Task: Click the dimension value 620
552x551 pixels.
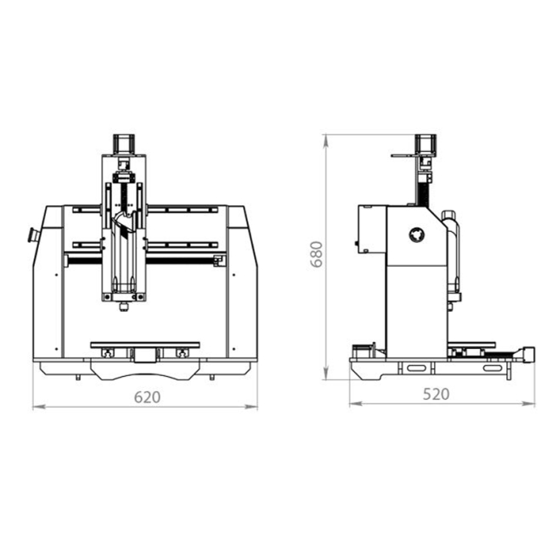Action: pyautogui.click(x=147, y=397)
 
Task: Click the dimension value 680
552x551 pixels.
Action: pyautogui.click(x=317, y=255)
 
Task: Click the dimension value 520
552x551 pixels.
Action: pyautogui.click(x=436, y=394)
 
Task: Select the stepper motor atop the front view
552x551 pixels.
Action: pyautogui.click(x=124, y=144)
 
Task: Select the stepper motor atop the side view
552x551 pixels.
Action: pyautogui.click(x=425, y=144)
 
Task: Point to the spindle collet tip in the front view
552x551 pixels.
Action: pyautogui.click(x=123, y=307)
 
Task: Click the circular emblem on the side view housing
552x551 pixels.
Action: pyautogui.click(x=417, y=234)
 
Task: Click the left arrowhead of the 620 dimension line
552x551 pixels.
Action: pyautogui.click(x=39, y=407)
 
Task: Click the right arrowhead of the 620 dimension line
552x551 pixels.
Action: pyautogui.click(x=251, y=407)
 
